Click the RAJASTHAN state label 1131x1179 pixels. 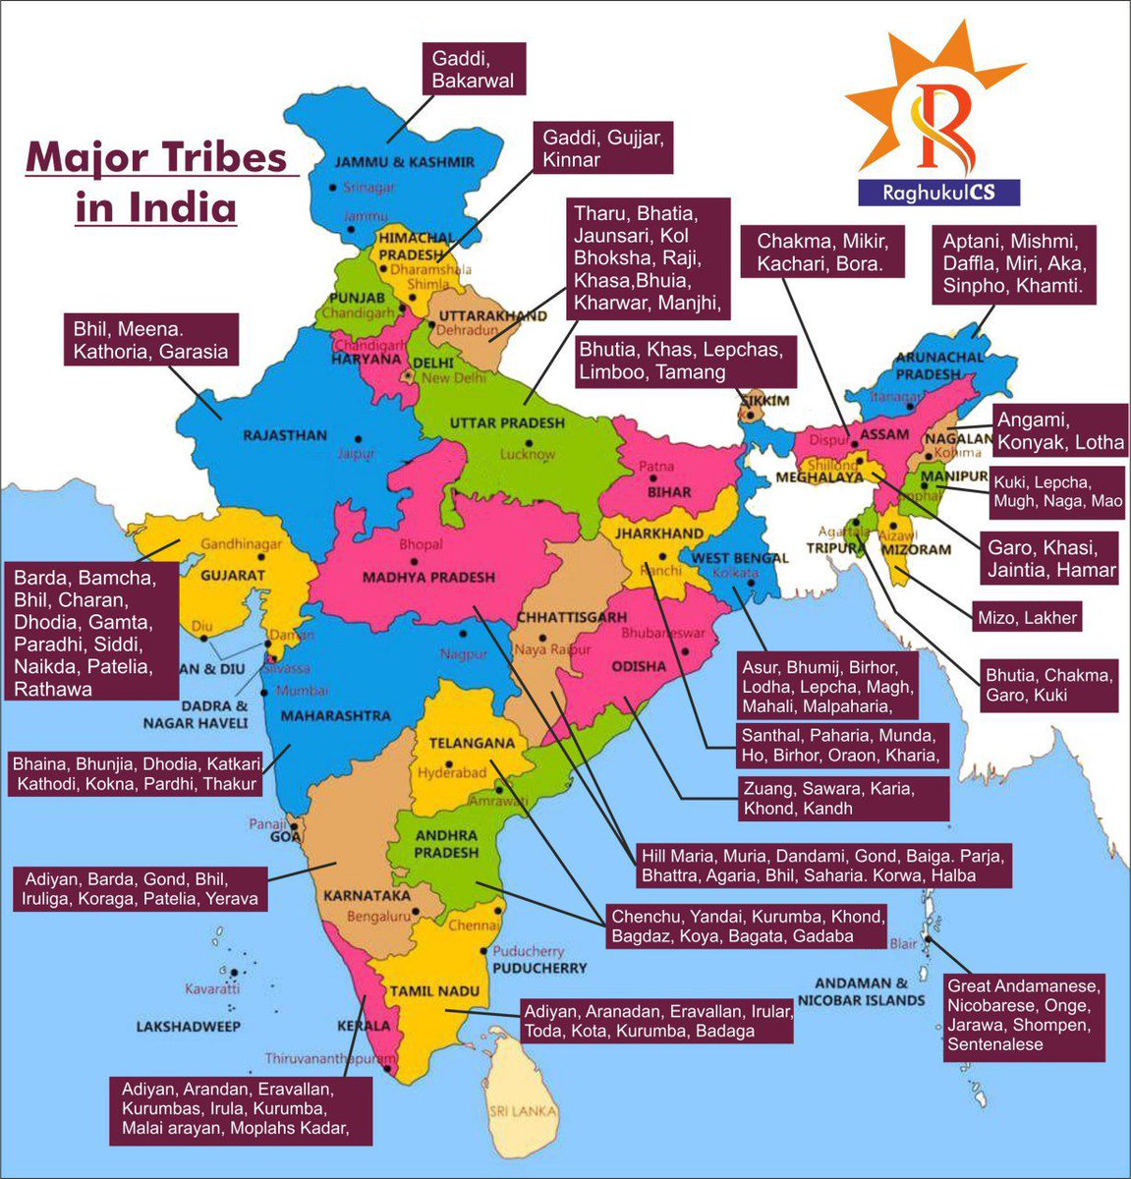coord(284,435)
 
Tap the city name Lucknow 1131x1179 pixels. coord(528,454)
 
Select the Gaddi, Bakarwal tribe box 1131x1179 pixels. coord(473,69)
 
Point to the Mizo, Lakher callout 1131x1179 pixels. coord(1027,618)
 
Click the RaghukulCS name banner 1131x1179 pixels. coord(937,193)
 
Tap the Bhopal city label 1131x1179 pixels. coord(421,544)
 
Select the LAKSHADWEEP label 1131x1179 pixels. coord(190,1026)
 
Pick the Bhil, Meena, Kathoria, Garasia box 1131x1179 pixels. coord(151,340)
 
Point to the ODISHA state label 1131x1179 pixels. coord(639,666)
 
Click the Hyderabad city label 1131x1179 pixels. coord(452,772)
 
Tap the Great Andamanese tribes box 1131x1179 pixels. coord(1024,1015)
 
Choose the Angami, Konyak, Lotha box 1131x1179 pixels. coord(1059,430)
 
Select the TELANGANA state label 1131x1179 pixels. coord(472,744)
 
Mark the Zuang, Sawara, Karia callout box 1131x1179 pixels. coord(843,799)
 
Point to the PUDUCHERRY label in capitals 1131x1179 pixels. coord(539,968)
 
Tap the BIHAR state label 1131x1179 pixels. coord(668,491)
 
